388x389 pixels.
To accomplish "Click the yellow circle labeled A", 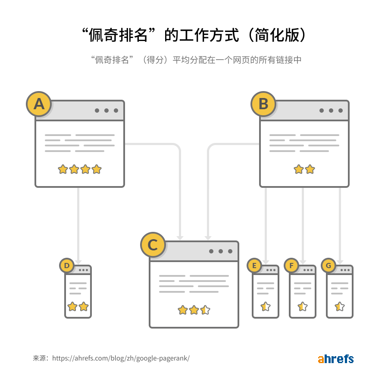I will pyautogui.click(x=39, y=104).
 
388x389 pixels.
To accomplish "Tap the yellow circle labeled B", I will pyautogui.click(x=263, y=104).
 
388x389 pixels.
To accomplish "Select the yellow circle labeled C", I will pyautogui.click(x=153, y=245).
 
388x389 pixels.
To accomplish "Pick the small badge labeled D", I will pyautogui.click(x=67, y=266).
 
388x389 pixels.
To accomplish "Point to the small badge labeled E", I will pyautogui.click(x=254, y=266).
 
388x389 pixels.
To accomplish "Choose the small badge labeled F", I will pyautogui.click(x=291, y=266).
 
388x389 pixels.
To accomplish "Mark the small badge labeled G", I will pyautogui.click(x=329, y=266).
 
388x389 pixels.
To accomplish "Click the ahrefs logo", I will pyautogui.click(x=335, y=359).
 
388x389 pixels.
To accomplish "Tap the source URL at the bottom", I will pyautogui.click(x=111, y=358).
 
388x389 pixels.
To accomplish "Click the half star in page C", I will pyautogui.click(x=205, y=310).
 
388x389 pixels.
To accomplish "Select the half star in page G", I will pyautogui.click(x=340, y=307).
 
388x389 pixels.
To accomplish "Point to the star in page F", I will pyautogui.click(x=303, y=307).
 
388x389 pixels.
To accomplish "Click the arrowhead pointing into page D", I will pyautogui.click(x=78, y=262).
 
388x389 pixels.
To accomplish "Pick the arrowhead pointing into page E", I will pyautogui.click(x=266, y=262).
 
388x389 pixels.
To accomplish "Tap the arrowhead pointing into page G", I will pyautogui.click(x=340, y=262).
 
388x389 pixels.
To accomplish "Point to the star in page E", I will pyautogui.click(x=266, y=307).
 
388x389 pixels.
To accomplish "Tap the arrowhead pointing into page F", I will pyautogui.click(x=303, y=262).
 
